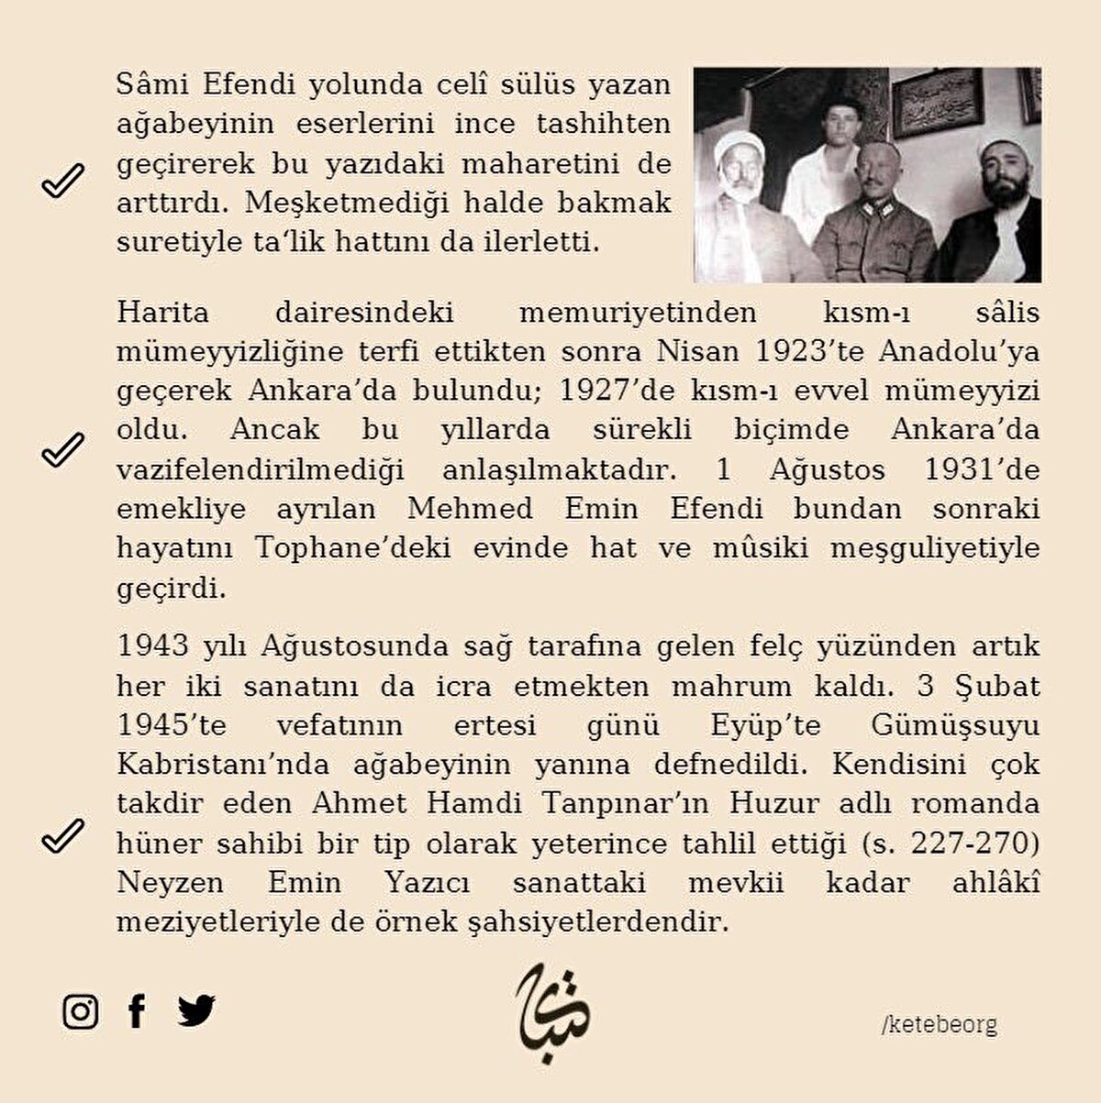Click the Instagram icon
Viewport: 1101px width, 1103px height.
point(81,1011)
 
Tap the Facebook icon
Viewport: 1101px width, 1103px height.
point(137,1010)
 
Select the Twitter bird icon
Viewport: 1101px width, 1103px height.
point(196,1010)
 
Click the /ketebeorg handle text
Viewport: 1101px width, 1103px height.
point(940,1024)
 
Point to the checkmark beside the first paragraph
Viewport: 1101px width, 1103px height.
point(62,181)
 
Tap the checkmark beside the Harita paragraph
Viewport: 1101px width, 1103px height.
point(62,449)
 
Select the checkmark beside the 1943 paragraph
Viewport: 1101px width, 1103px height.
point(62,835)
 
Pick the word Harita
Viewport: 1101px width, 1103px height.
point(162,313)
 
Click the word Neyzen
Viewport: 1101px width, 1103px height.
point(170,882)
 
